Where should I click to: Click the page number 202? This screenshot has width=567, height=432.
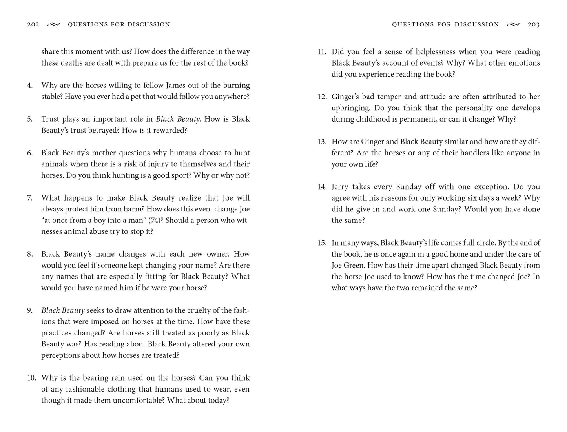pyautogui.click(x=33, y=24)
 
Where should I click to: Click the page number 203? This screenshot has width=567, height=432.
pyautogui.click(x=534, y=24)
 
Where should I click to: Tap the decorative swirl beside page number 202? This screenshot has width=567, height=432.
pyautogui.click(x=53, y=24)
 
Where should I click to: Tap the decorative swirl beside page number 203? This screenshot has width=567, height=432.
pyautogui.click(x=513, y=24)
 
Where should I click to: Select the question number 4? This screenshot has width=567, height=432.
pyautogui.click(x=30, y=86)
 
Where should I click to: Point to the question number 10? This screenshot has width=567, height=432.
pyautogui.click(x=31, y=378)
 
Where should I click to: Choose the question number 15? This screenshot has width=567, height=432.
pyautogui.click(x=322, y=243)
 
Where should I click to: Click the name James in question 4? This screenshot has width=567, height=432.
pyautogui.click(x=177, y=86)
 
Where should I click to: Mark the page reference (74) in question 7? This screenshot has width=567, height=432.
pyautogui.click(x=155, y=221)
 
